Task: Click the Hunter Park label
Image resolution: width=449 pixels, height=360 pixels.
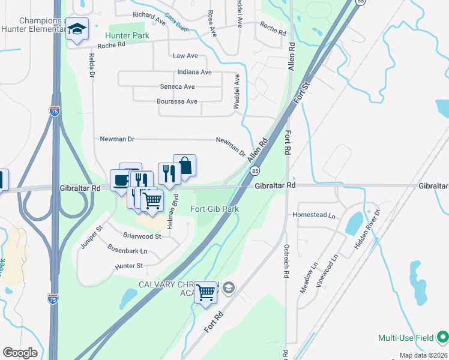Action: (x=128, y=36)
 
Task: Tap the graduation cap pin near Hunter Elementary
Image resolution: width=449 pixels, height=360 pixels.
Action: (x=77, y=30)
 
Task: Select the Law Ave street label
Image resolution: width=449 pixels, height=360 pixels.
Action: (x=185, y=56)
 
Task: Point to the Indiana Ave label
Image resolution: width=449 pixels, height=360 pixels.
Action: (x=194, y=72)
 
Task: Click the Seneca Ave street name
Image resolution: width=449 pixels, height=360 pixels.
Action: (x=177, y=86)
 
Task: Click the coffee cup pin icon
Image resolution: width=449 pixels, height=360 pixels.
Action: (x=121, y=180)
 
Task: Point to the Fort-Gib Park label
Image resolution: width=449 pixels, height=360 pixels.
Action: (x=215, y=209)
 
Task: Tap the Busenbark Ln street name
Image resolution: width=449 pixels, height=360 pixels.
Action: (x=127, y=251)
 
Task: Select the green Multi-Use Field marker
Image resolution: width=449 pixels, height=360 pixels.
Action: (x=443, y=337)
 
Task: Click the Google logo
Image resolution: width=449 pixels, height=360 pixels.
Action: (x=20, y=353)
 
